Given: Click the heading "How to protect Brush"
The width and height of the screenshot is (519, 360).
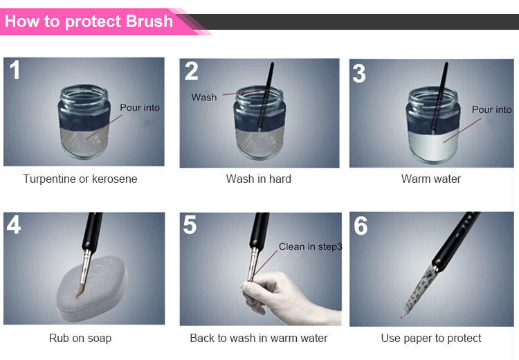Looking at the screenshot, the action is [89, 21].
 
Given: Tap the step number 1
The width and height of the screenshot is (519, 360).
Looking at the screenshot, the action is [15, 70].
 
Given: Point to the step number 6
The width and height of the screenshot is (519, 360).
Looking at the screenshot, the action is [361, 226].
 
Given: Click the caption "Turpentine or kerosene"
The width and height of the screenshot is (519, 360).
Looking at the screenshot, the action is [80, 179].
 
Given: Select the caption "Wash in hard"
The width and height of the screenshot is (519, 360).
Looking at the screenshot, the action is [259, 179].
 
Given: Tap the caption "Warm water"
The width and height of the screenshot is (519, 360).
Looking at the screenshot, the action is [431, 179].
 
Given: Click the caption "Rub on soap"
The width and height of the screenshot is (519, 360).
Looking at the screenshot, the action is [80, 338].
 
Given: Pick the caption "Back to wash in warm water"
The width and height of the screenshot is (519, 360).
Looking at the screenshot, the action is [259, 338].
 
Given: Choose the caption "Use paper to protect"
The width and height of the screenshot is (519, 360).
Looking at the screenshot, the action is [431, 338].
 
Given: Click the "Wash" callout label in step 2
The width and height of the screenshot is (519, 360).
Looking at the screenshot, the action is [204, 98].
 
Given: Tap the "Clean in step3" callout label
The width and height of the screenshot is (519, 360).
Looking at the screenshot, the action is [310, 246].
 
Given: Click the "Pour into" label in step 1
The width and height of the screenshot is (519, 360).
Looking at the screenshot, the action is [140, 107].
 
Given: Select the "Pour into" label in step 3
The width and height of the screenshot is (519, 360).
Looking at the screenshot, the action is [491, 109].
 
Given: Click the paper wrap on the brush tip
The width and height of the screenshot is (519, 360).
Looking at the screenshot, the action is [419, 291].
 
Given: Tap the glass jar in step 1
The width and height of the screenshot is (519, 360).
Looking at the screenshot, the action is [84, 122].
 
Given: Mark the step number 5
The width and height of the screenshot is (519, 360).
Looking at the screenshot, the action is [190, 224].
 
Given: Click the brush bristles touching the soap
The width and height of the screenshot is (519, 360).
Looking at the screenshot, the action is [80, 290].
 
